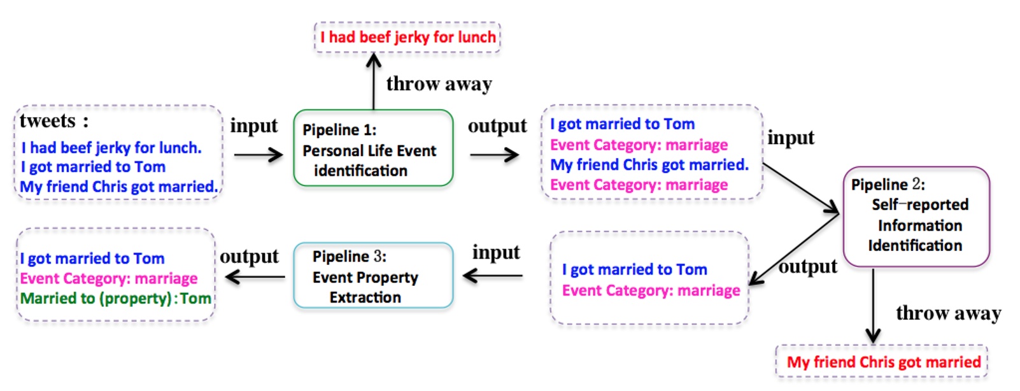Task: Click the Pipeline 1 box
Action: point(373,148)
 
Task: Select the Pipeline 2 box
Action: point(916,216)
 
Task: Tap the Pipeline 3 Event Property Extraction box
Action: point(373,276)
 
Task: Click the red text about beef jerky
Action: point(407,37)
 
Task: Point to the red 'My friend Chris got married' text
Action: point(883,362)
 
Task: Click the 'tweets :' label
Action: point(54,121)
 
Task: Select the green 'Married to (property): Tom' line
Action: point(115,298)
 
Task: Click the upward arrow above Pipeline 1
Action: point(374,80)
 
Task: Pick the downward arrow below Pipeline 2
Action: point(873,306)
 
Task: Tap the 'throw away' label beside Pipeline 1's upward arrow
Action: point(439,84)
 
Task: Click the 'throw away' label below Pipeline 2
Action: point(948,313)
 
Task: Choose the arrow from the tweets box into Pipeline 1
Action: point(258,155)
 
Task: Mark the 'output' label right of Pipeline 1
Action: point(497,126)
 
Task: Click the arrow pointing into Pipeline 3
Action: point(493,276)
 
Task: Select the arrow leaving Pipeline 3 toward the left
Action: point(255,277)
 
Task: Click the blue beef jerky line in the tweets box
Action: point(111,148)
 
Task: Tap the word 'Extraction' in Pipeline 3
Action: point(365,297)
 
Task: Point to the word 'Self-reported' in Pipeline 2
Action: point(920,204)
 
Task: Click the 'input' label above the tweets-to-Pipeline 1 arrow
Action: point(253,126)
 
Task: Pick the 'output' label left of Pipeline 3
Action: point(249,256)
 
